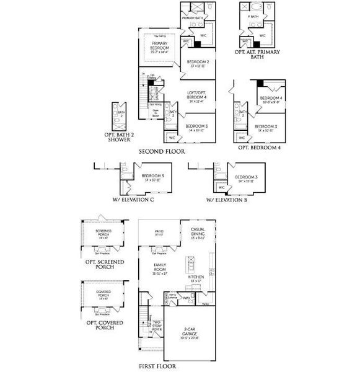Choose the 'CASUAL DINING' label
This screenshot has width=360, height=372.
(x=198, y=232)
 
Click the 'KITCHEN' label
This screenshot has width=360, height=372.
(x=196, y=277)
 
